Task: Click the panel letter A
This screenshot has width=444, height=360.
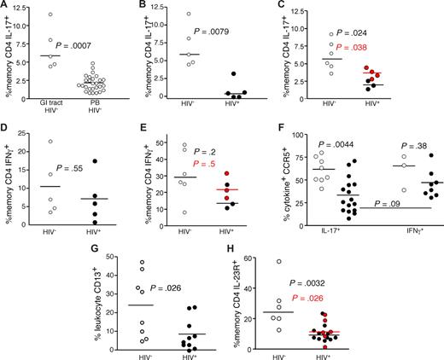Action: (x=7, y=7)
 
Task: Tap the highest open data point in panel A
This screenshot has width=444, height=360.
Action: (x=50, y=15)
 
